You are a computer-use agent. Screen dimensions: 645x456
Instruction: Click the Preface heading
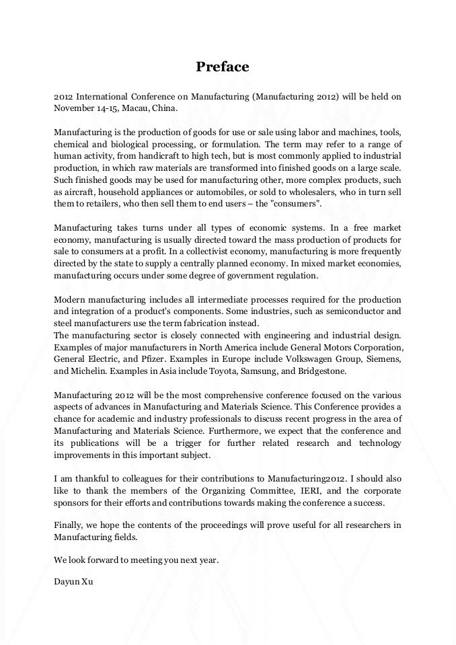pos(223,67)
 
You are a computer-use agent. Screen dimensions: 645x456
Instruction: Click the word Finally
pos(69,526)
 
